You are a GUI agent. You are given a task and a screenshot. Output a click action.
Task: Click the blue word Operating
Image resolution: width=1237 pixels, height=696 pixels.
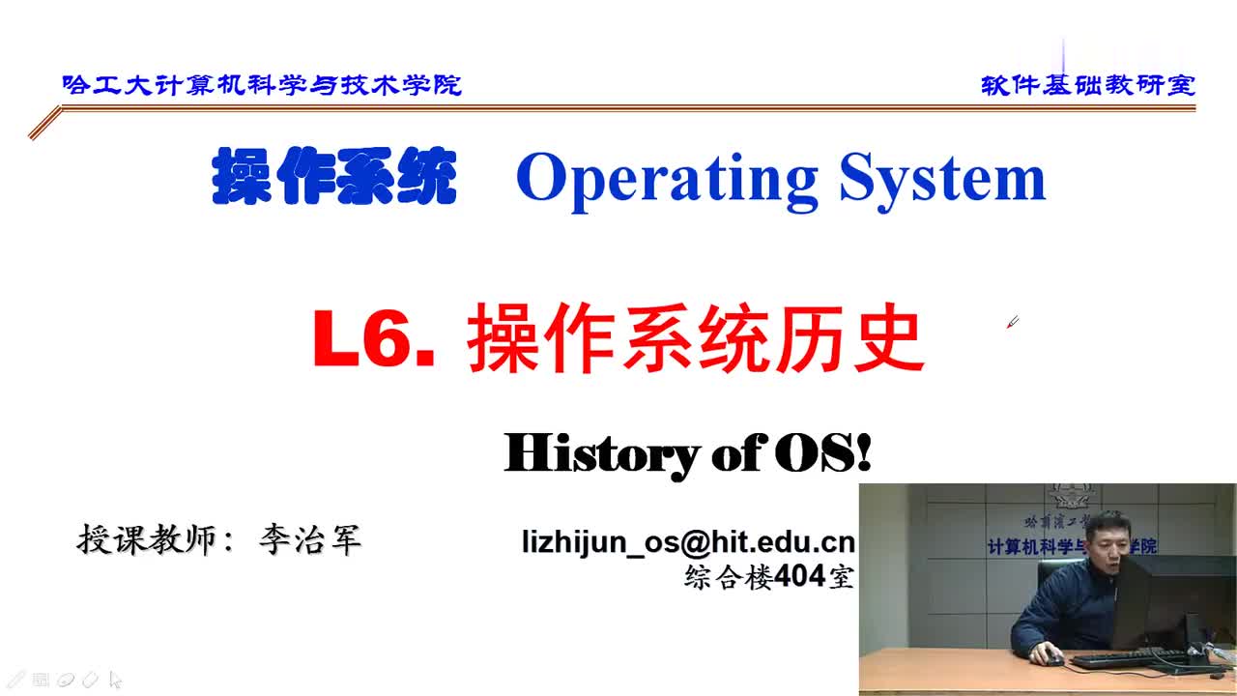pyautogui.click(x=667, y=179)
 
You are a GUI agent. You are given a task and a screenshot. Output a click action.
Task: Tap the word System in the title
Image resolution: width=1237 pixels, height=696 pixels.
pyautogui.click(x=942, y=179)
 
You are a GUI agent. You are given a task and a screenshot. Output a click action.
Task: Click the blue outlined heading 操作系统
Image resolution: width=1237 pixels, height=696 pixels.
pyautogui.click(x=333, y=177)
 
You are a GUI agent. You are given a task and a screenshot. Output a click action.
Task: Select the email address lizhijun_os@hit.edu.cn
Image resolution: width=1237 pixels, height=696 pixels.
pyautogui.click(x=688, y=542)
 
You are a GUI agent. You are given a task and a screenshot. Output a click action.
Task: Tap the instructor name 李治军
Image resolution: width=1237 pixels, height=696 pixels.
pyautogui.click(x=309, y=539)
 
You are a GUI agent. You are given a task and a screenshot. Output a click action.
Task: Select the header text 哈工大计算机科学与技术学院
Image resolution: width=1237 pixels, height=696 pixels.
pyautogui.click(x=262, y=85)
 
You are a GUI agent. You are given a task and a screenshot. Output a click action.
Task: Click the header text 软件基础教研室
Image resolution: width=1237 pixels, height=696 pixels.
pyautogui.click(x=1088, y=85)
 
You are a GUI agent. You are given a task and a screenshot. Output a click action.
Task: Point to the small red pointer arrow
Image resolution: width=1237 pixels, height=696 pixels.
pyautogui.click(x=1012, y=322)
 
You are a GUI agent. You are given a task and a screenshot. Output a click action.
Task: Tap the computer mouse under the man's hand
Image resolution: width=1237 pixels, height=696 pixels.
pyautogui.click(x=1052, y=659)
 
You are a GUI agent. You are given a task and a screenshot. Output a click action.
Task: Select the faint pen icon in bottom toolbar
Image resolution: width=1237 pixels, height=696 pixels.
pyautogui.click(x=91, y=680)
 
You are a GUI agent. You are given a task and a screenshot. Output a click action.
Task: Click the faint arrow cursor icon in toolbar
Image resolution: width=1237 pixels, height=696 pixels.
pyautogui.click(x=115, y=680)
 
